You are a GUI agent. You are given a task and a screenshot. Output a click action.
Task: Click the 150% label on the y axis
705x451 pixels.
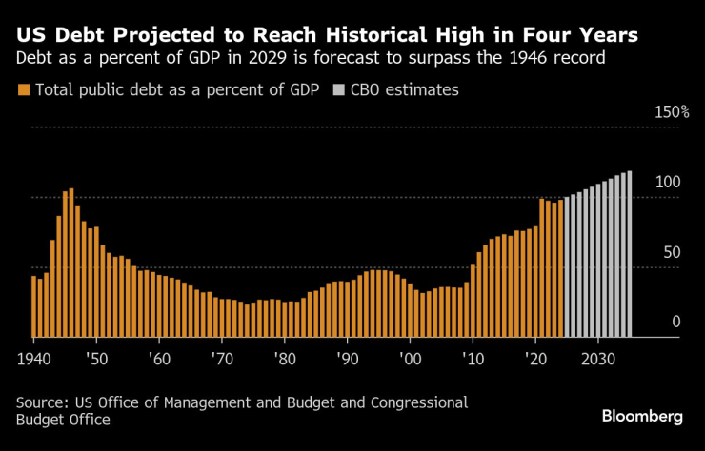click(x=671, y=112)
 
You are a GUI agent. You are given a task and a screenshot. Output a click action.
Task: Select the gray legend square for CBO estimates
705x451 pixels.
click(x=340, y=90)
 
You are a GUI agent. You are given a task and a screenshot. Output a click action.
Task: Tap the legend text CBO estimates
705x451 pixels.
click(x=405, y=90)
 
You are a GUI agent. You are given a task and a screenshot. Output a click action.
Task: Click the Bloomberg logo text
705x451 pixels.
click(x=642, y=417)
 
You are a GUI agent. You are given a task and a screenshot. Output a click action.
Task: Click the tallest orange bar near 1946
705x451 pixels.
click(x=71, y=263)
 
